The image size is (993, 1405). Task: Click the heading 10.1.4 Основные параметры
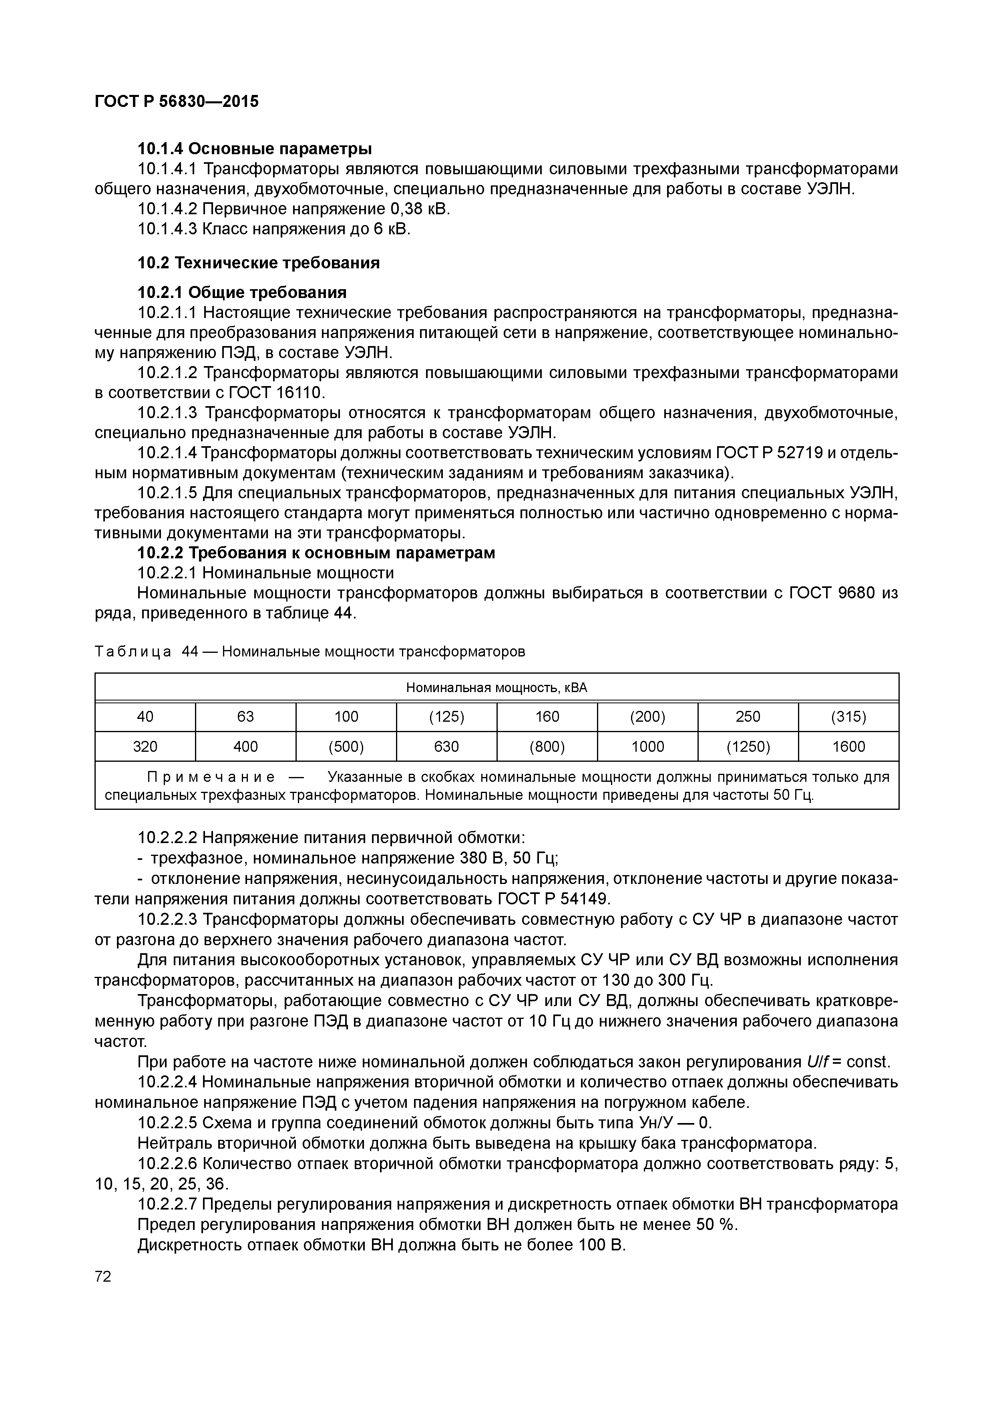255,149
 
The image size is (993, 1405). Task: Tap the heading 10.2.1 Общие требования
242,292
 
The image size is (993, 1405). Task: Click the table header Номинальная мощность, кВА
496,688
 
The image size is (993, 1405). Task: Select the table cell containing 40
145,717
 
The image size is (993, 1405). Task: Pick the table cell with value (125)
446,717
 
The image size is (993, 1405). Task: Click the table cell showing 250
748,717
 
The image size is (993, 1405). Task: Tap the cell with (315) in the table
848,717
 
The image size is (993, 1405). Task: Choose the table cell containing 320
145,747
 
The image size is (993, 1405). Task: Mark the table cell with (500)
346,747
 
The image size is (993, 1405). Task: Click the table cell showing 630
446,747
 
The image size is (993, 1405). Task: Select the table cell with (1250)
748,747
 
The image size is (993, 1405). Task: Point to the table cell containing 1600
848,747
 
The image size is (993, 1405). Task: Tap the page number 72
103,1276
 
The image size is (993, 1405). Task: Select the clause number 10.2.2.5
168,1123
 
